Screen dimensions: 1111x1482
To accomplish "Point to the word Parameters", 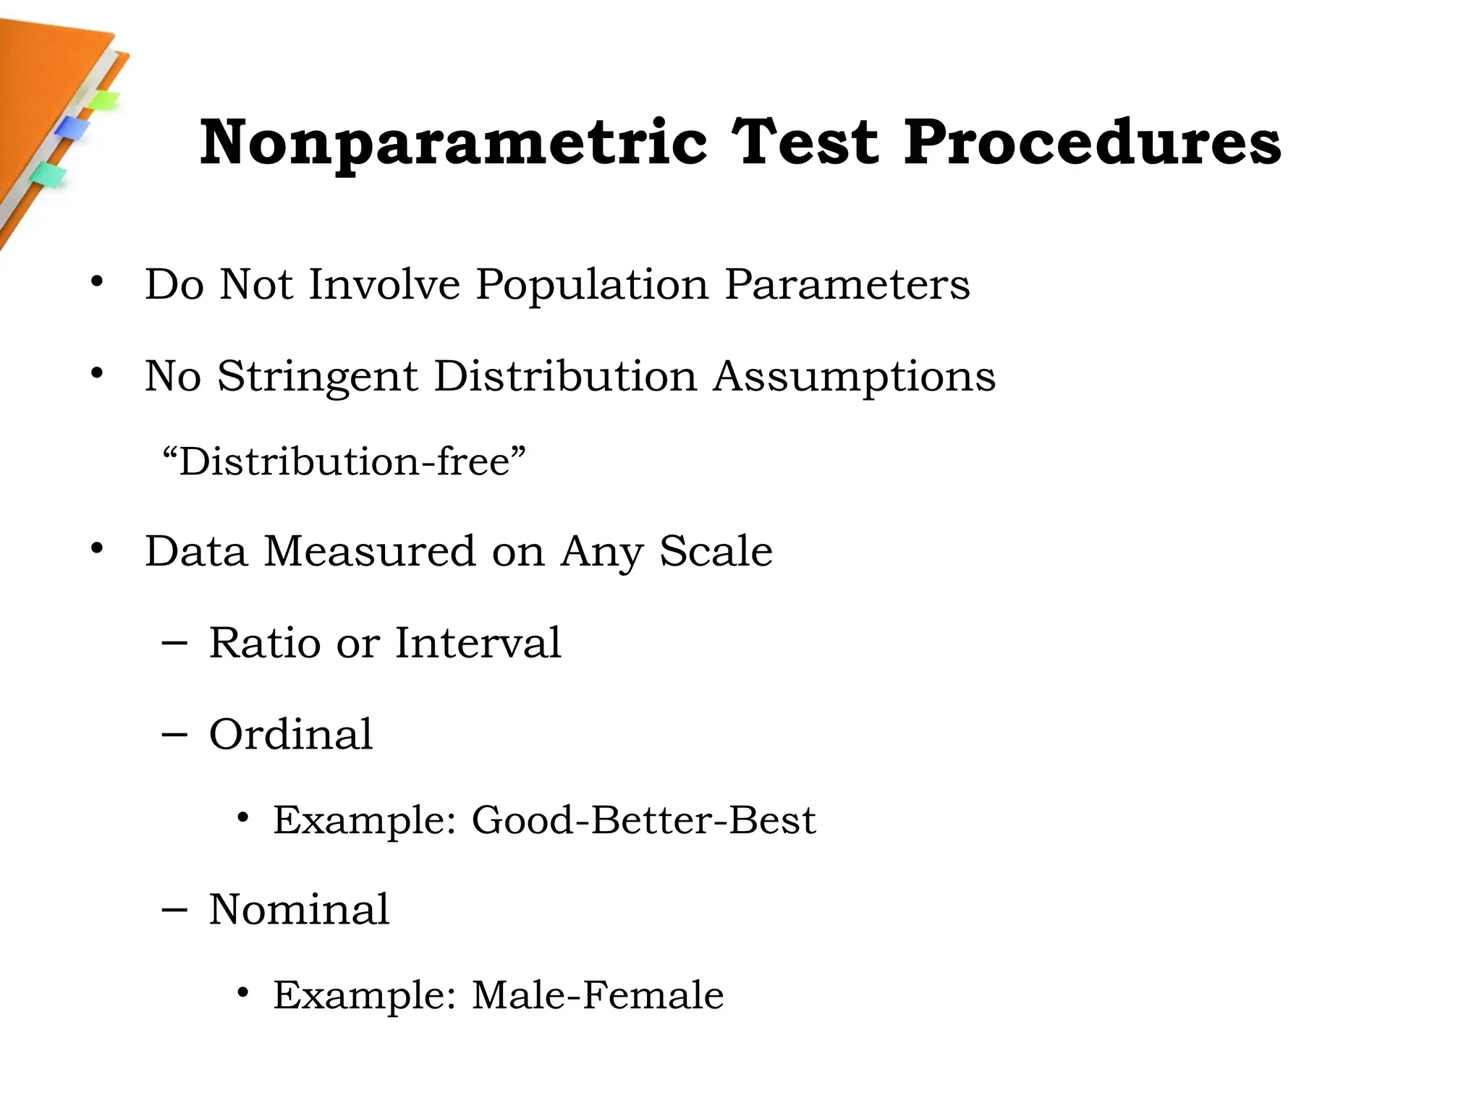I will pos(847,284).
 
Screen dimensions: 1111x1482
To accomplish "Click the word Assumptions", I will pos(854,377).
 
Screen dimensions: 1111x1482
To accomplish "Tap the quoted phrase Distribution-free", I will pos(344,461).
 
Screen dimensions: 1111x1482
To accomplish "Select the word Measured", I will pos(370,551).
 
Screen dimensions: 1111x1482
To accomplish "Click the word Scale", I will pos(716,551).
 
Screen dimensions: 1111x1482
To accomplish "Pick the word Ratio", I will pos(264,642).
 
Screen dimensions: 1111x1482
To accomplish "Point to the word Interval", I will pos(478,642).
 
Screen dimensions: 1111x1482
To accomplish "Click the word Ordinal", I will pos(291,734).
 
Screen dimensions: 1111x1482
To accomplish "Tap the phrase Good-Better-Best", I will pos(643,820).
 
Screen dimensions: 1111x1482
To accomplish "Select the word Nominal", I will pos(299,909).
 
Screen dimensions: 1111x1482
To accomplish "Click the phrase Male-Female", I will pos(598,995).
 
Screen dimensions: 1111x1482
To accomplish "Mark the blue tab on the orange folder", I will pos(71,128).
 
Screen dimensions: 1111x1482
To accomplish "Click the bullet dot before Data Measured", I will pos(97,549).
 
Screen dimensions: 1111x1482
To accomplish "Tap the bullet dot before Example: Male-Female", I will pos(243,993).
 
